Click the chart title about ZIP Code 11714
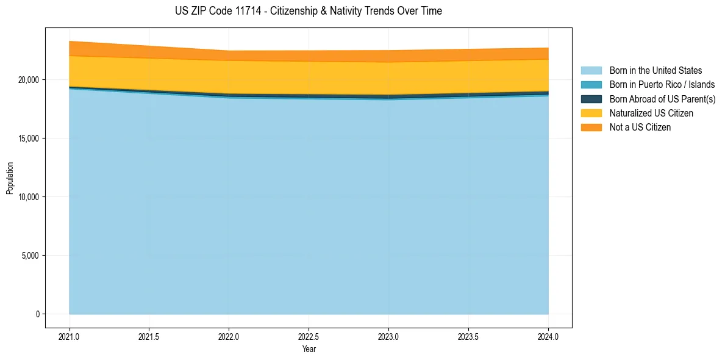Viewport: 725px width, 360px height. (x=309, y=11)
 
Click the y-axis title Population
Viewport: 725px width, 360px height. (x=10, y=178)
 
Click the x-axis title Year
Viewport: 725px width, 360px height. (x=309, y=349)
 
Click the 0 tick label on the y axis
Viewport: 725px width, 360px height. (x=37, y=314)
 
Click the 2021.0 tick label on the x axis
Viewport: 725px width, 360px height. (x=70, y=336)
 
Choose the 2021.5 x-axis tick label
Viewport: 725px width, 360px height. (x=149, y=336)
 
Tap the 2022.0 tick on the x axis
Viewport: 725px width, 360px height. (x=229, y=336)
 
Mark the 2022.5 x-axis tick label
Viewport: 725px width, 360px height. (x=309, y=336)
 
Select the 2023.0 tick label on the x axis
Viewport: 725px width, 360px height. (x=388, y=336)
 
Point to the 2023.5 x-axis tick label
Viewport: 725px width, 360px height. (x=468, y=336)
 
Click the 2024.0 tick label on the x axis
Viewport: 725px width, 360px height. (x=548, y=336)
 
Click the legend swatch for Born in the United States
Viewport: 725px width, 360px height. (x=591, y=71)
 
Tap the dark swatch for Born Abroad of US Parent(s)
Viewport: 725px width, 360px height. (x=591, y=99)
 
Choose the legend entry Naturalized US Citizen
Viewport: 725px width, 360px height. (x=651, y=113)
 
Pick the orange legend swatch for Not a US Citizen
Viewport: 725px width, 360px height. (x=591, y=127)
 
